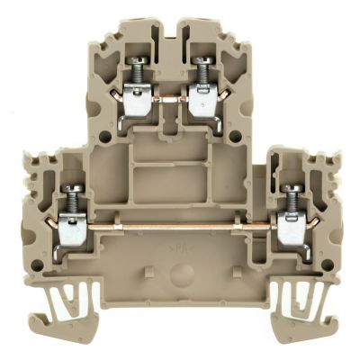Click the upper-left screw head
[x=139, y=64]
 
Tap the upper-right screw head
[x=202, y=64]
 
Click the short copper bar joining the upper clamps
[x=170, y=100]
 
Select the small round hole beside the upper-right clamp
[x=238, y=137]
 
